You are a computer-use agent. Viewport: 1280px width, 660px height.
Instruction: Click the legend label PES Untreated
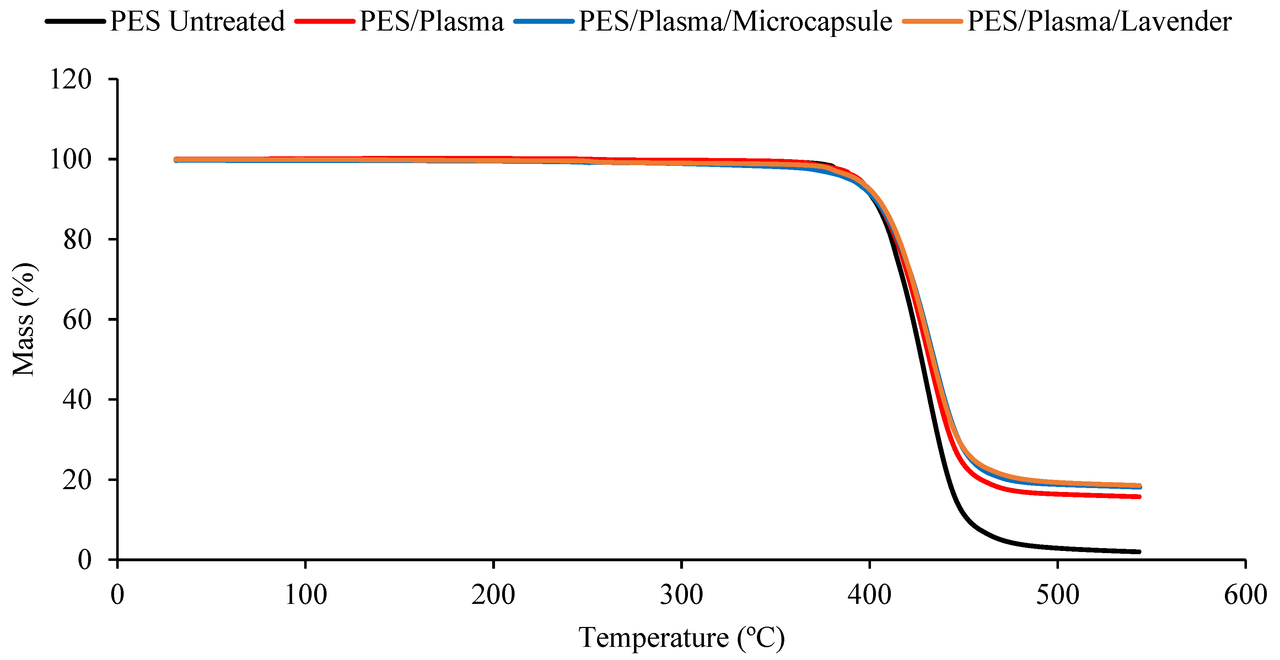click(197, 21)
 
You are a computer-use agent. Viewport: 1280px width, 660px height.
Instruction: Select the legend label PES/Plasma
click(431, 21)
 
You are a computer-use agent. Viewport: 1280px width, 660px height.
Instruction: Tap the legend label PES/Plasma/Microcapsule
click(735, 21)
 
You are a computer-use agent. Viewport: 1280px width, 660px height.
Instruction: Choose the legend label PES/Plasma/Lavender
click(1099, 21)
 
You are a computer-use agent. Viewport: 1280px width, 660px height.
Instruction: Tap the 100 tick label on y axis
click(71, 159)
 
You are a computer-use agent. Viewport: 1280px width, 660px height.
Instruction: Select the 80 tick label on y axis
click(77, 239)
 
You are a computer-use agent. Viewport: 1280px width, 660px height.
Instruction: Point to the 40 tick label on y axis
click(77, 399)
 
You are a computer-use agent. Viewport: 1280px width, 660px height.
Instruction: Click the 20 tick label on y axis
click(77, 480)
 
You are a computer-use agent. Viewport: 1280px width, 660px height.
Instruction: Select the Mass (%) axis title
click(24, 319)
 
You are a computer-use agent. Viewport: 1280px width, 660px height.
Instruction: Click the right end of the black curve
click(1139, 552)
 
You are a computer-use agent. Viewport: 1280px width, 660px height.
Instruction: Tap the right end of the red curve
click(1139, 497)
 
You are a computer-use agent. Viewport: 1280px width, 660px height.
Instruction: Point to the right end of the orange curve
click(1139, 485)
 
